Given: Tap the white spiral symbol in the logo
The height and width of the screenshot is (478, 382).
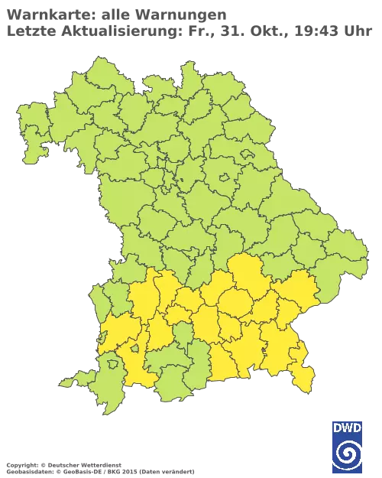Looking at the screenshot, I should point(348,454).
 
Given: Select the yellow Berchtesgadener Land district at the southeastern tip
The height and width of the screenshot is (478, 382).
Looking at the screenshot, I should point(304,379).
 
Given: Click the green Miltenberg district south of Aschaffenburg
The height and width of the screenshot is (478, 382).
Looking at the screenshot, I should point(38,149).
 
